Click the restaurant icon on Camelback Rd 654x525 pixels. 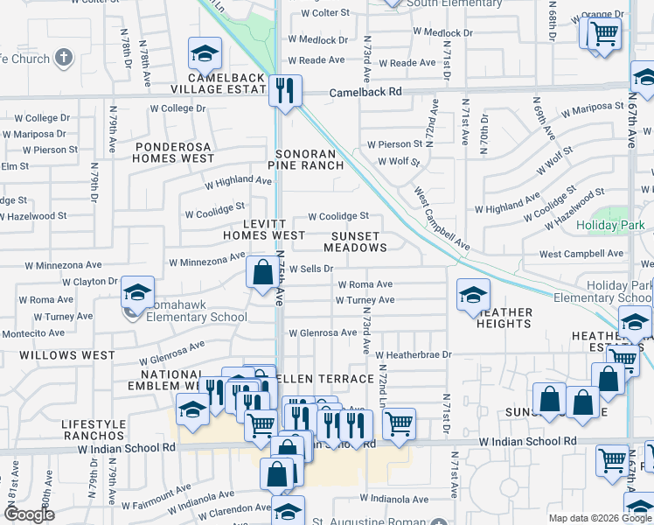(x=284, y=90)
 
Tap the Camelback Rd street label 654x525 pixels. (x=365, y=92)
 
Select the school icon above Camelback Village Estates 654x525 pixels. (x=205, y=56)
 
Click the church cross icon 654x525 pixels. (x=63, y=58)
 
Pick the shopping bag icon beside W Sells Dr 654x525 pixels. (x=262, y=272)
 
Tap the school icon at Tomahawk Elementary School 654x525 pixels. (x=137, y=292)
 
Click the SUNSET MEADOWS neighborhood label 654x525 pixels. (x=355, y=241)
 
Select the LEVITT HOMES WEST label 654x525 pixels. (x=263, y=229)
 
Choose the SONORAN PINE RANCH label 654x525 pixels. (x=305, y=158)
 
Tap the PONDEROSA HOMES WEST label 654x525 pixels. (x=173, y=152)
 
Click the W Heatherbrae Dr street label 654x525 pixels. (x=413, y=354)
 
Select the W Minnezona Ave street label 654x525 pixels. (x=207, y=260)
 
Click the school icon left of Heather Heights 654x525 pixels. (x=473, y=295)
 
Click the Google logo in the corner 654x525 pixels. (x=28, y=515)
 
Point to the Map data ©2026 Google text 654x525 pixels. (x=600, y=518)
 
